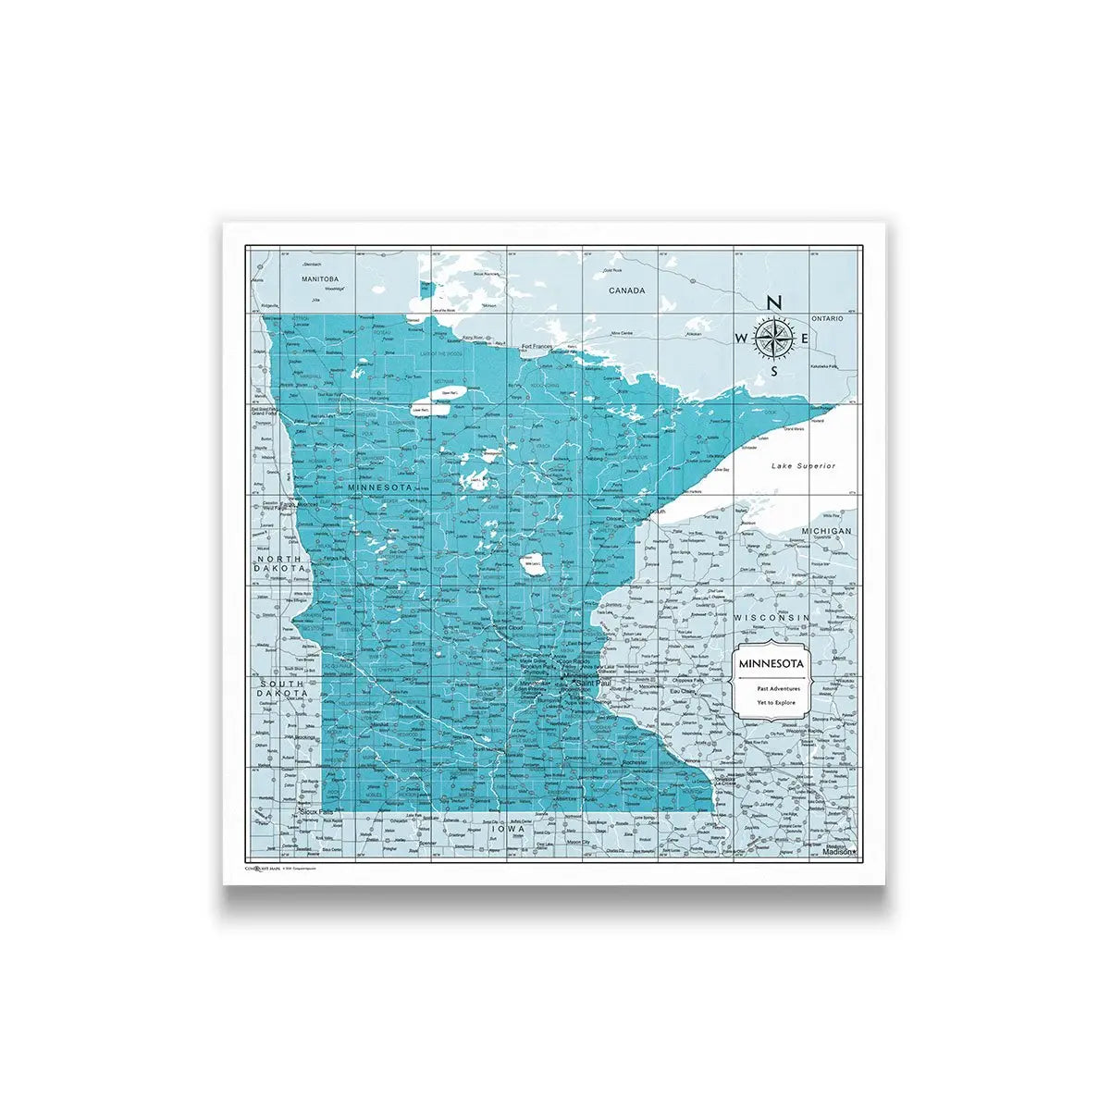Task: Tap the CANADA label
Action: click(x=626, y=290)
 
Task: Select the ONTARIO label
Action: click(x=828, y=318)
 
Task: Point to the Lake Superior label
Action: click(x=804, y=466)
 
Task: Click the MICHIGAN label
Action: click(x=826, y=531)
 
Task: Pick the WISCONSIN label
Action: click(x=772, y=617)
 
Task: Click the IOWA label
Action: click(x=508, y=830)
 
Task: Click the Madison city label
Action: click(x=838, y=853)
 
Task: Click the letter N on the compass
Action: click(x=775, y=302)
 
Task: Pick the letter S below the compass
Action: click(x=775, y=371)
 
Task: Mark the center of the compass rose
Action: click(x=775, y=338)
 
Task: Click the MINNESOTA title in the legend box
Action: click(x=771, y=664)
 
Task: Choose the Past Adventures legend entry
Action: click(x=771, y=689)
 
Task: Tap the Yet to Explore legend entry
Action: click(x=771, y=703)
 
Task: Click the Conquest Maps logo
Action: click(x=262, y=869)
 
